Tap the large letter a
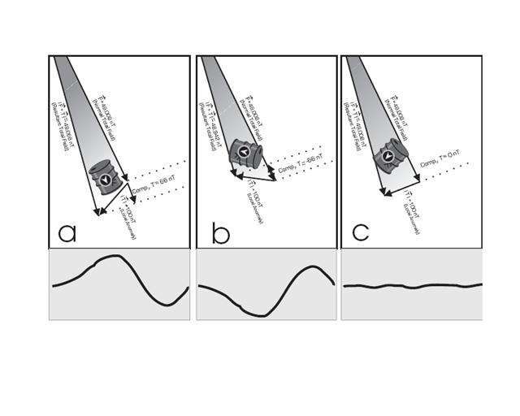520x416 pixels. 67,233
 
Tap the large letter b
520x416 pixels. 220,232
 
